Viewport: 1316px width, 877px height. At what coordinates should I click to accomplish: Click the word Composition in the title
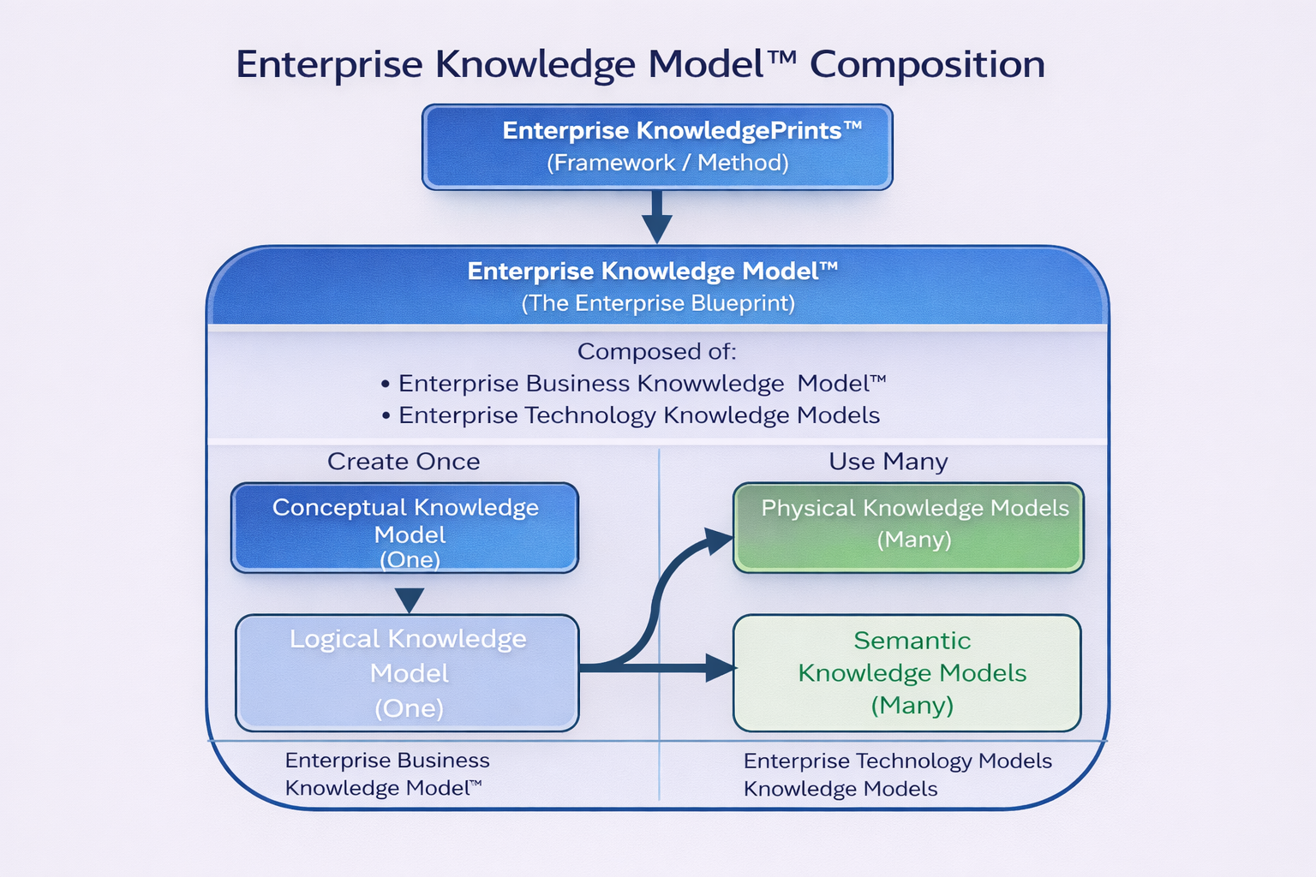click(927, 65)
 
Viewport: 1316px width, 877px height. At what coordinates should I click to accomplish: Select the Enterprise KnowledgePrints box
click(657, 146)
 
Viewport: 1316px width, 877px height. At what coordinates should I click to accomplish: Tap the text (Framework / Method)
click(667, 163)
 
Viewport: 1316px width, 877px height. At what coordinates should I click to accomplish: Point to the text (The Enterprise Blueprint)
click(658, 303)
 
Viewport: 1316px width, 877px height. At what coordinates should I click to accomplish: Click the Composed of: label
click(657, 351)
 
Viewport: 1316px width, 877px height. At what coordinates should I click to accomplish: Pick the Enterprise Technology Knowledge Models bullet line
click(638, 415)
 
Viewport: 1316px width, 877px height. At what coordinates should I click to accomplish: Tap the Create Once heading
click(404, 462)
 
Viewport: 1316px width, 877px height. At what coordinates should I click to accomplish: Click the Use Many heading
click(888, 462)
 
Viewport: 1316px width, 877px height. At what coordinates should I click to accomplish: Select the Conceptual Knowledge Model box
click(405, 528)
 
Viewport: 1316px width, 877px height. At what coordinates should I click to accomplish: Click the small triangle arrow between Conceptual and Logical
click(410, 599)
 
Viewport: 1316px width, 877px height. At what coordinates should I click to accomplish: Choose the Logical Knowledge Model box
click(408, 672)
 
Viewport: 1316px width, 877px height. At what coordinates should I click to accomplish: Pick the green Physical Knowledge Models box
click(908, 528)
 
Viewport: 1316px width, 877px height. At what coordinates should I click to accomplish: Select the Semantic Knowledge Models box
click(907, 672)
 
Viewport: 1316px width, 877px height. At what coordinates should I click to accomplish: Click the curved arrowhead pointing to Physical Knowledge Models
click(718, 540)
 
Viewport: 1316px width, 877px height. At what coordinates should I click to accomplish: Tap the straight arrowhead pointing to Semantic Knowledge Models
click(720, 667)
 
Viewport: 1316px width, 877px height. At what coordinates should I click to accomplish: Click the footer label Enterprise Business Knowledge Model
click(387, 774)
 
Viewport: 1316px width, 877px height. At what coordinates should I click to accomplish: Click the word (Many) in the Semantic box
click(912, 706)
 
